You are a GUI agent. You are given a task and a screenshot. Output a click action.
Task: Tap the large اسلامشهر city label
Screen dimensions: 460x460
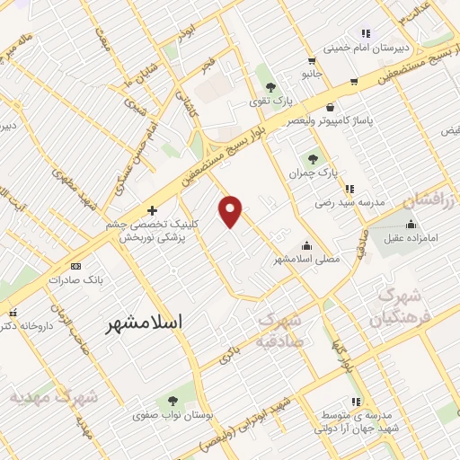click(x=143, y=321)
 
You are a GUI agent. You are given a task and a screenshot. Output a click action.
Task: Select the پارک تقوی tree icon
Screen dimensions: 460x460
click(x=270, y=87)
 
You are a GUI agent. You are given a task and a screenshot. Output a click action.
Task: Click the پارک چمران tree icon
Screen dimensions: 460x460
click(x=314, y=158)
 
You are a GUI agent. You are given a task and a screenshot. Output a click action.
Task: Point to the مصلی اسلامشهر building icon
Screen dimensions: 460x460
click(x=306, y=244)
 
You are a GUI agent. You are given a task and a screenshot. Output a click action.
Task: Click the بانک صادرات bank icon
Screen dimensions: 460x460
click(x=75, y=266)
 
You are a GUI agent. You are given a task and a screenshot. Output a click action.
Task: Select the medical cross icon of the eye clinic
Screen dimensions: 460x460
click(x=151, y=210)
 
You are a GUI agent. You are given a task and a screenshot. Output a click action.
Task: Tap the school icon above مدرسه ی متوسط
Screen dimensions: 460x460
click(x=356, y=401)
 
